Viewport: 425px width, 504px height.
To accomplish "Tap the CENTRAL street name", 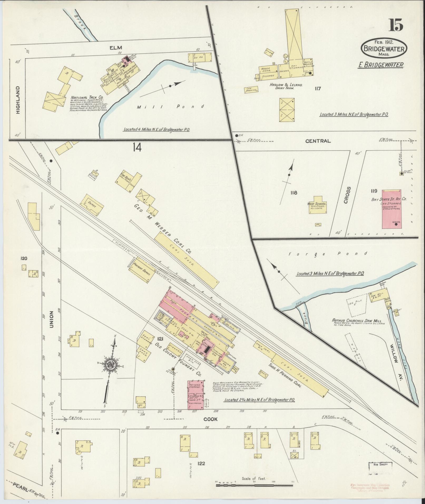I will pos(318,141).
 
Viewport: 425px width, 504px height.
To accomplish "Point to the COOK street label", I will pos(211,419).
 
